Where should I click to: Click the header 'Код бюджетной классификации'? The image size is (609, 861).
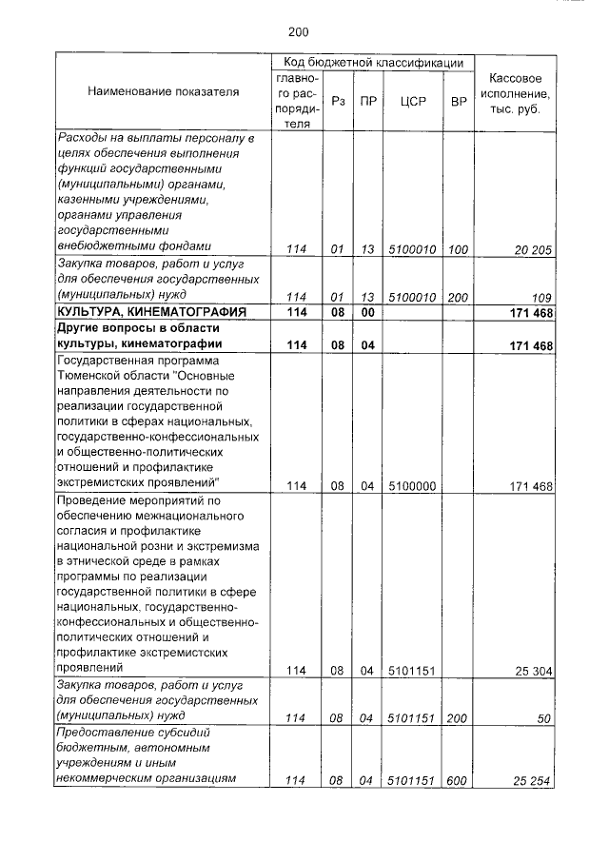point(373,63)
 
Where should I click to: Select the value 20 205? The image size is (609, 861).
point(533,249)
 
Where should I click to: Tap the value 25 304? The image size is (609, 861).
point(534,671)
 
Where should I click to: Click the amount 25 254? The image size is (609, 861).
point(534,781)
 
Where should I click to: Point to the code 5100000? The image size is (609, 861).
point(412,486)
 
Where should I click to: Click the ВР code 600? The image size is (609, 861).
point(458,781)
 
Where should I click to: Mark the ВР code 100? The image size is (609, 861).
point(458,249)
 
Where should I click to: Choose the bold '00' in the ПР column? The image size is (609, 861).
point(367,312)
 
